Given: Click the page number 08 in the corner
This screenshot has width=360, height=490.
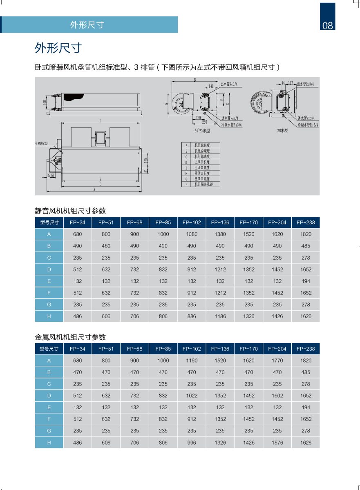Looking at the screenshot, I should [328, 25].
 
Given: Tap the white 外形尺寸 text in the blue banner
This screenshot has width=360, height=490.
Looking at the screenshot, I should [87, 24].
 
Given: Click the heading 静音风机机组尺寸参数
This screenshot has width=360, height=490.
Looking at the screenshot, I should [70, 211].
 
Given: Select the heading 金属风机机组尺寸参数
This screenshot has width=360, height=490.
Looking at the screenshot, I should [70, 337].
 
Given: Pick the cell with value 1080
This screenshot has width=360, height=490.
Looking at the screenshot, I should [192, 234].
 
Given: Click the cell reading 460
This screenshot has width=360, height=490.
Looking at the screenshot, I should [106, 246].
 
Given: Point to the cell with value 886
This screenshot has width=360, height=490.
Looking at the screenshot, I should [192, 316].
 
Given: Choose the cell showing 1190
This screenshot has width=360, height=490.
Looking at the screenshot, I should [192, 361].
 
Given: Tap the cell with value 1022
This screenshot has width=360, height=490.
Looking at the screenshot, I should [192, 396].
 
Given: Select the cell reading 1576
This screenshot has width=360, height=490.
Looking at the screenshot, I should [277, 443].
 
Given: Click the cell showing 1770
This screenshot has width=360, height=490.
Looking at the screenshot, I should [277, 361].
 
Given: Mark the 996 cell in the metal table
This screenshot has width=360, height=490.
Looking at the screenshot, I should [192, 443].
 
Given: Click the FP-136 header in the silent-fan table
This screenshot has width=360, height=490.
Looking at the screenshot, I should [220, 223].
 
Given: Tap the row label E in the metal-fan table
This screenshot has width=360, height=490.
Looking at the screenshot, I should [49, 408].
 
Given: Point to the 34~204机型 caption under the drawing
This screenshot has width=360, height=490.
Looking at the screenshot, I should [202, 131].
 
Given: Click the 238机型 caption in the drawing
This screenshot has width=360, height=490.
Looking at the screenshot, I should [282, 131].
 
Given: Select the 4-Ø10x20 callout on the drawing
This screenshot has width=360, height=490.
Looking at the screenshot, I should [41, 143].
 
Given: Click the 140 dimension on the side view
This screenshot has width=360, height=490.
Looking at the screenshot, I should [45, 102].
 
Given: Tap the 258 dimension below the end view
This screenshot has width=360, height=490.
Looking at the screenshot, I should [204, 122].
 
